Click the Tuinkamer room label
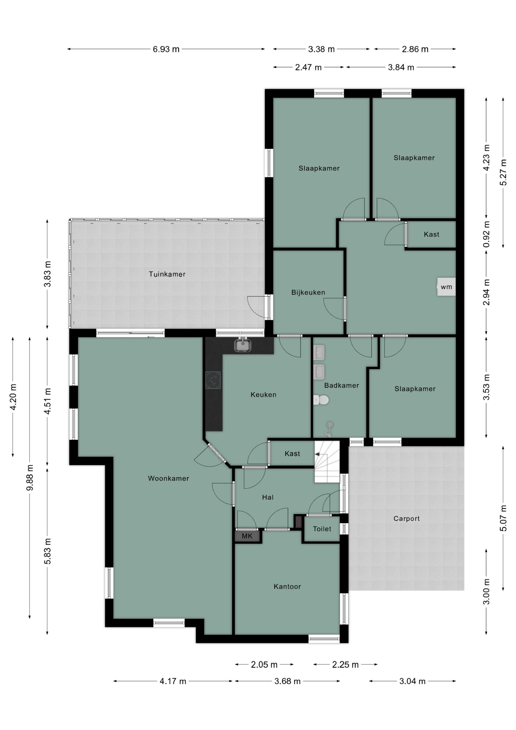coord(167,274)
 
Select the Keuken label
coord(263,395)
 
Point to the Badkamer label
coord(341,385)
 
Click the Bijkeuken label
coord(308,292)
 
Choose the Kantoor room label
coord(287,587)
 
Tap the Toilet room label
coord(322,529)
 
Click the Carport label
coord(406,519)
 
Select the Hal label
coord(268,497)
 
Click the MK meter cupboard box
coord(247,536)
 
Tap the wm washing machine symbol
coord(446,287)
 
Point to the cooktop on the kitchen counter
coord(213,380)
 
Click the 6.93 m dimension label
coord(166,49)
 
